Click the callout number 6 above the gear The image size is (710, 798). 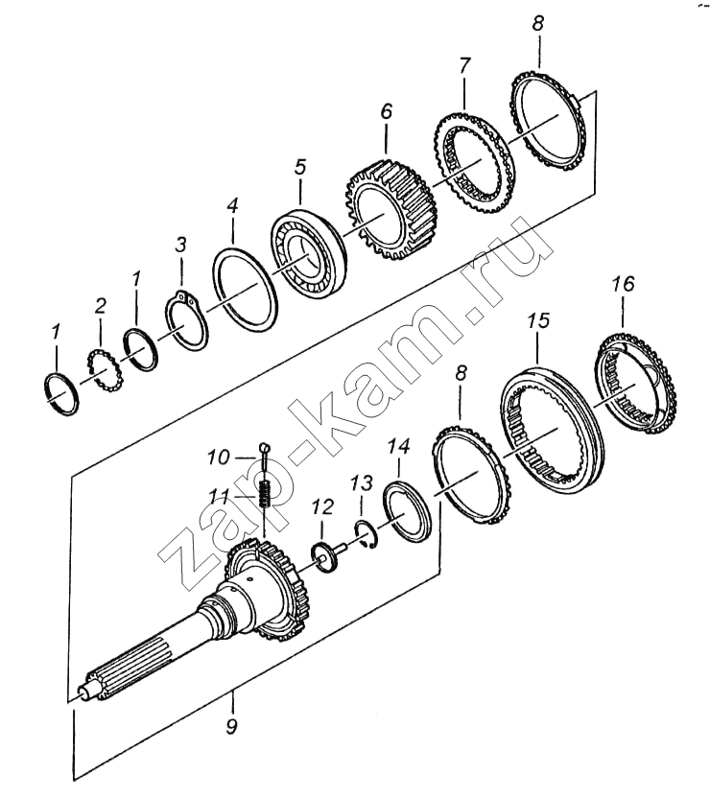click(x=387, y=111)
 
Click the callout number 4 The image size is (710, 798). click(x=232, y=206)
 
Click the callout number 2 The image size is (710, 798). click(x=101, y=306)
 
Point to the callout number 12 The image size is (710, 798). click(x=322, y=506)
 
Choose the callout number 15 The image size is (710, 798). click(x=539, y=320)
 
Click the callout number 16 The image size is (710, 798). click(x=624, y=284)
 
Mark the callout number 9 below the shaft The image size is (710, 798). click(x=231, y=726)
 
